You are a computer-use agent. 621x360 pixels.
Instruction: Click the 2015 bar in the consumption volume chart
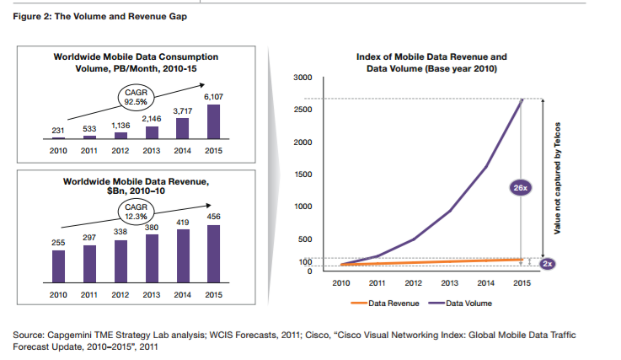[x=213, y=121]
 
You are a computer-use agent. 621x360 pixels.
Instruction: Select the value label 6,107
[x=213, y=98]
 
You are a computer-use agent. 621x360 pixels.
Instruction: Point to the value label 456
[x=213, y=218]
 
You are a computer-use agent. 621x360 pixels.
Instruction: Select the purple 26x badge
[x=521, y=188]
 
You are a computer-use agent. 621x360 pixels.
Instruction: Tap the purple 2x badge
[x=548, y=264]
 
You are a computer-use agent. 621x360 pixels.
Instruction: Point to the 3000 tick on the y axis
[x=302, y=78]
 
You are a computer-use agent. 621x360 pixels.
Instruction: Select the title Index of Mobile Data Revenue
[x=431, y=56]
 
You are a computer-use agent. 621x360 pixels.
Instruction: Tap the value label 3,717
[x=183, y=110]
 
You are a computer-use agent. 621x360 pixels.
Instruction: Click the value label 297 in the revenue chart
[x=89, y=238]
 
